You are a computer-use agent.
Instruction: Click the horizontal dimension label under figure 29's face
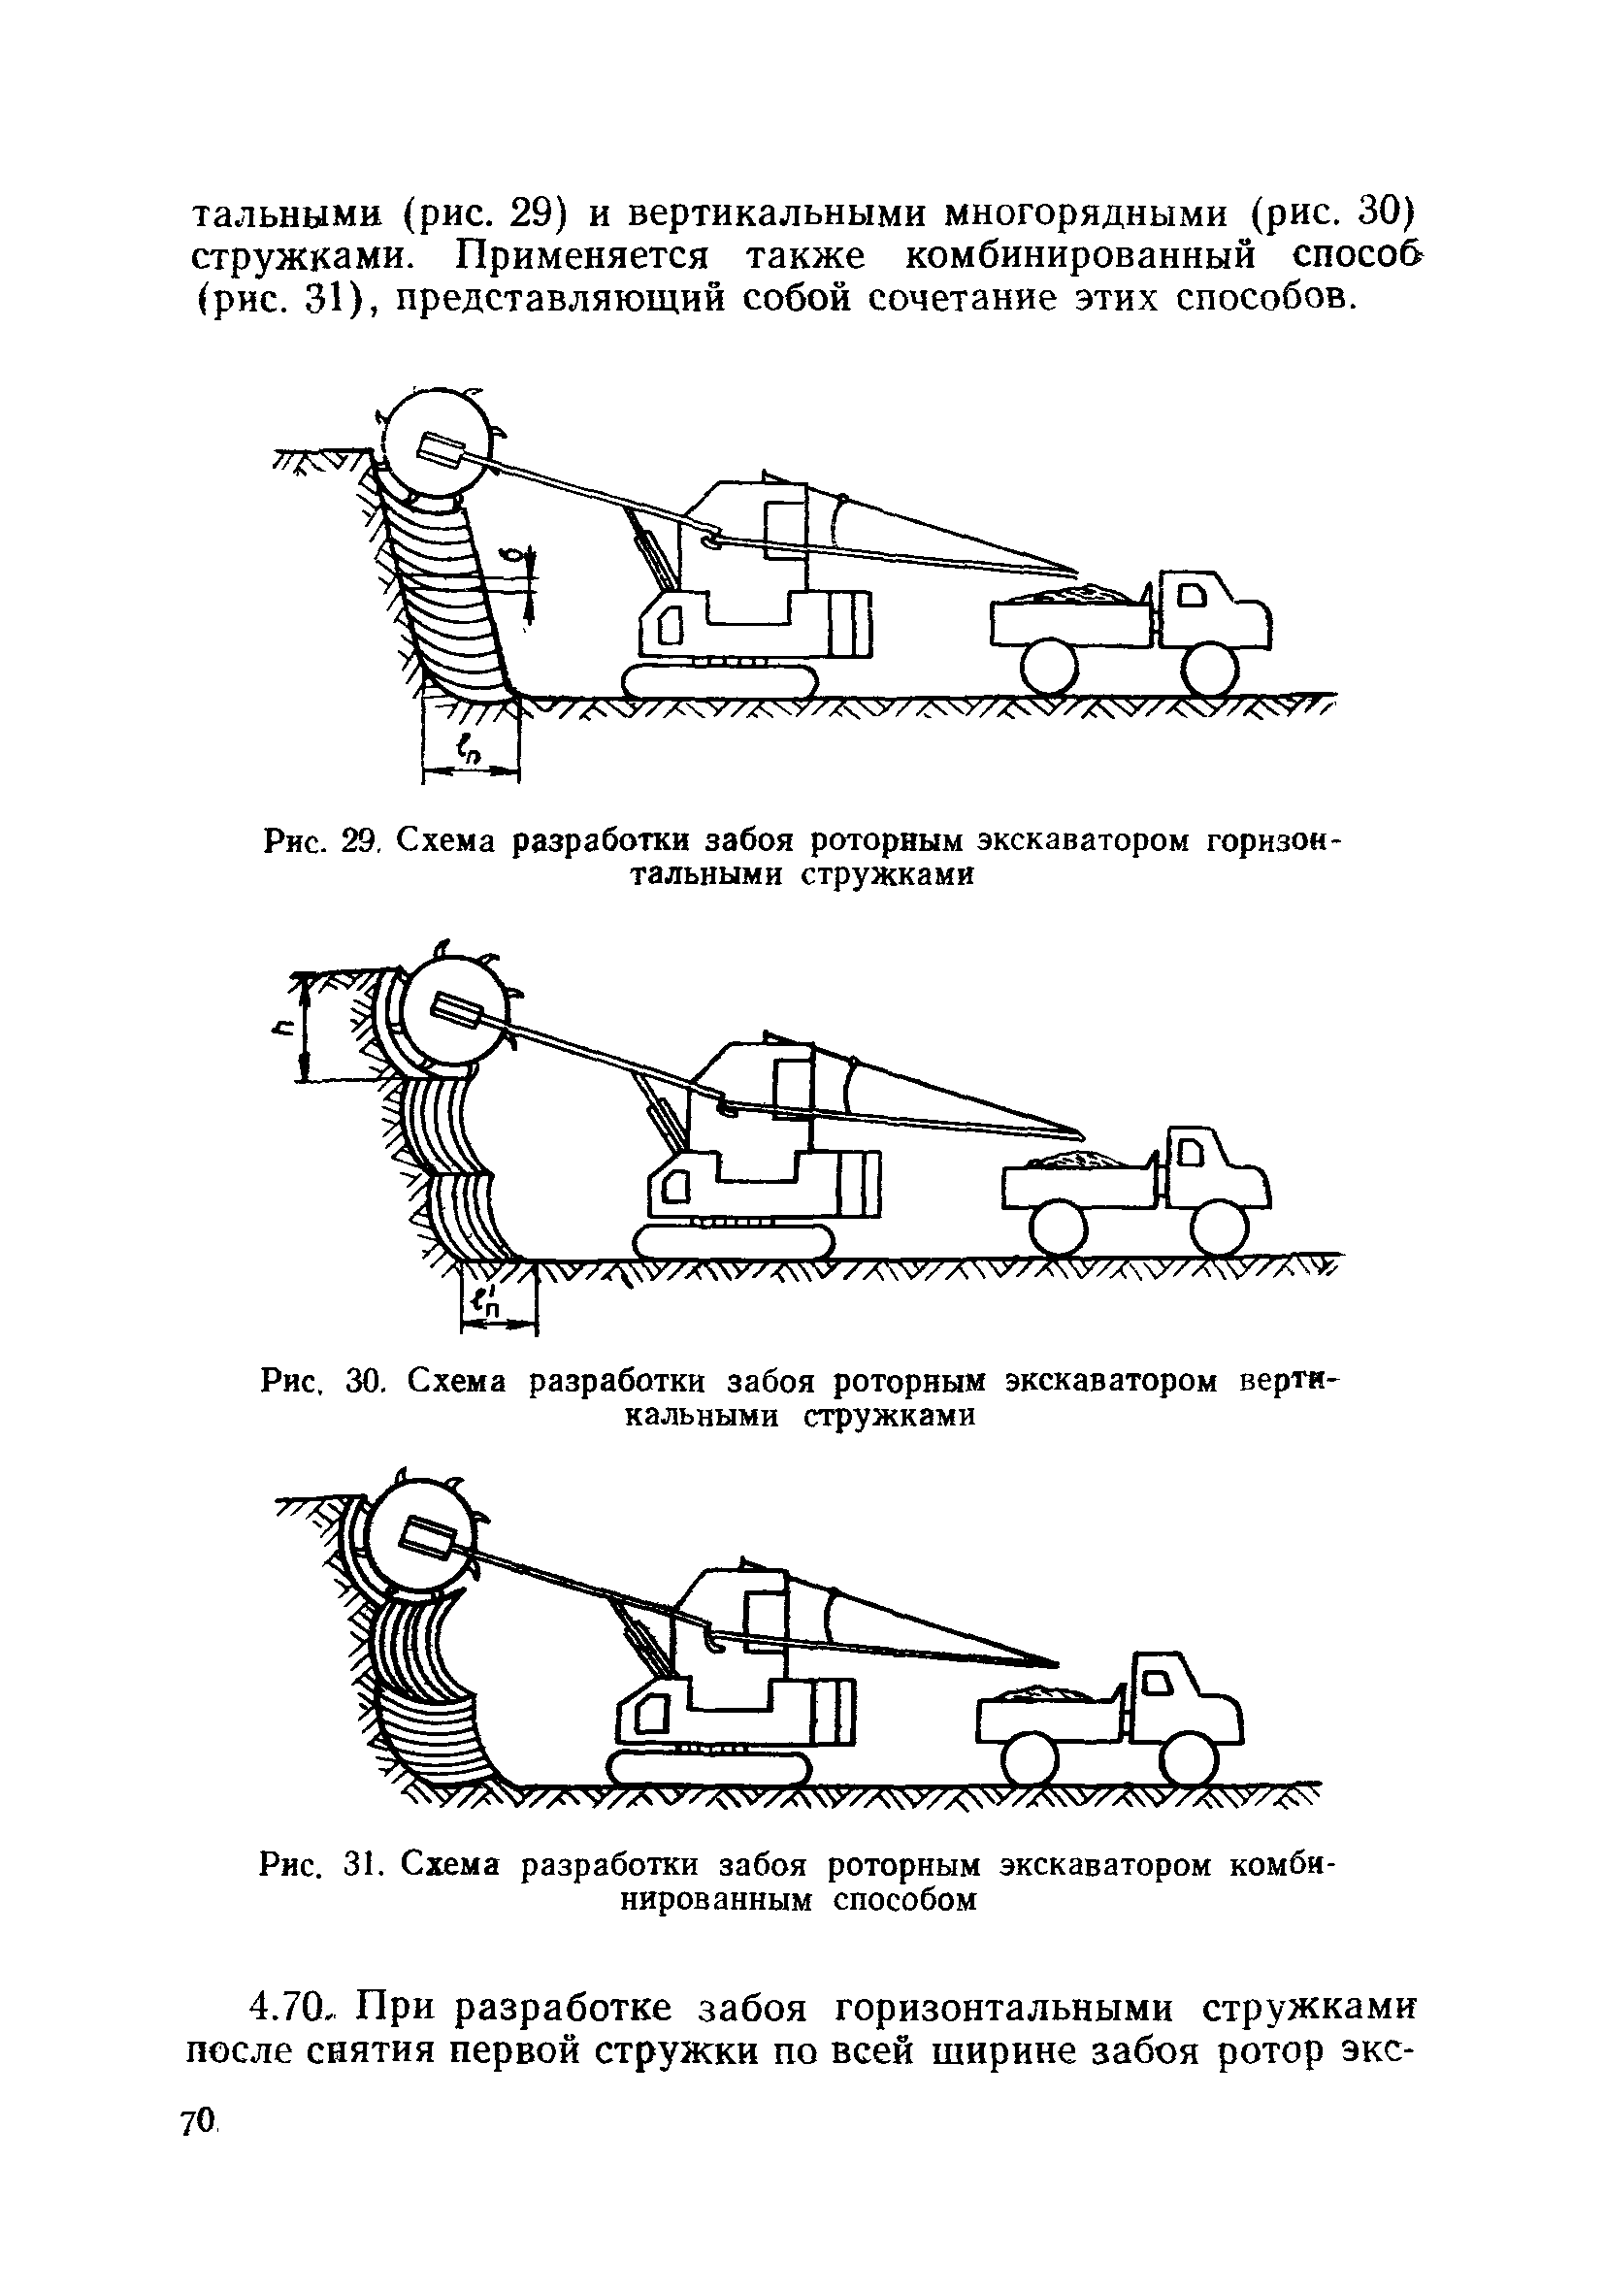click(468, 747)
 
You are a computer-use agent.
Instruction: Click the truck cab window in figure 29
click(1195, 596)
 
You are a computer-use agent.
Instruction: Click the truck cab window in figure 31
click(1161, 1685)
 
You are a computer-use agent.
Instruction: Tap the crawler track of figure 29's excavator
click(719, 682)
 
